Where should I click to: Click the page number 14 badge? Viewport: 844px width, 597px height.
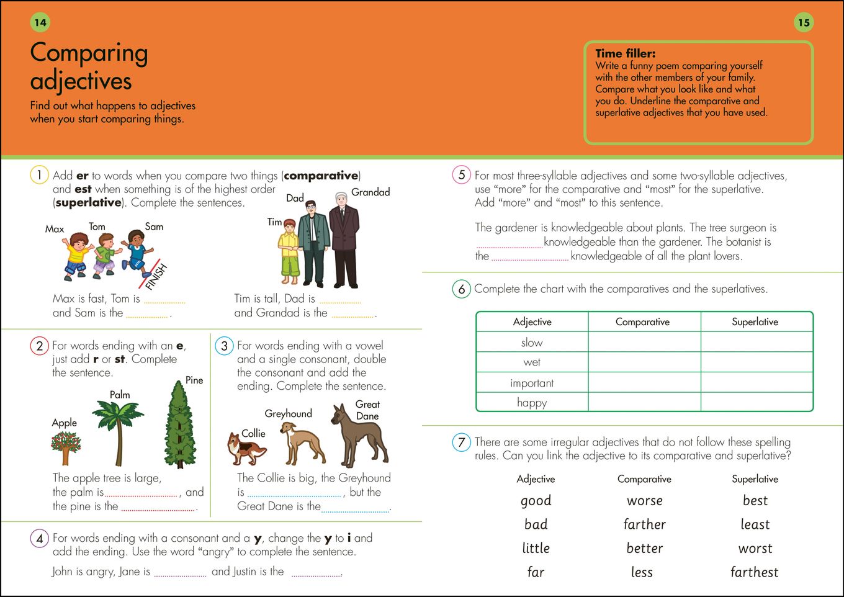coord(40,23)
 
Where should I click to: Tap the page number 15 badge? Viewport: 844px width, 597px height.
coord(804,23)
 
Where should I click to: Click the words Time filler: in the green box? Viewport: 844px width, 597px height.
coord(625,54)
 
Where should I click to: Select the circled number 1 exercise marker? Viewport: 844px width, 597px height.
coord(39,175)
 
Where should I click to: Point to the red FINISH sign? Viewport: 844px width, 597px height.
coord(155,275)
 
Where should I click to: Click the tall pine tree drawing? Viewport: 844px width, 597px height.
coord(181,425)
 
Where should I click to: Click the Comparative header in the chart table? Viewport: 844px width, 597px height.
coord(643,322)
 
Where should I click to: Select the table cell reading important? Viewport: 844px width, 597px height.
coord(532,383)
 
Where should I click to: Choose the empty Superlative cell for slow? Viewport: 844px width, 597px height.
coord(756,342)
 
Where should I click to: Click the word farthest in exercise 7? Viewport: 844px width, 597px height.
coord(754,572)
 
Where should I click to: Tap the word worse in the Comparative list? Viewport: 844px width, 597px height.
coord(645,501)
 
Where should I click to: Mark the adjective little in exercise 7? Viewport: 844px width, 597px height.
coord(536,549)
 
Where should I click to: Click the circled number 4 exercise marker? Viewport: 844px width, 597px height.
coord(39,538)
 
